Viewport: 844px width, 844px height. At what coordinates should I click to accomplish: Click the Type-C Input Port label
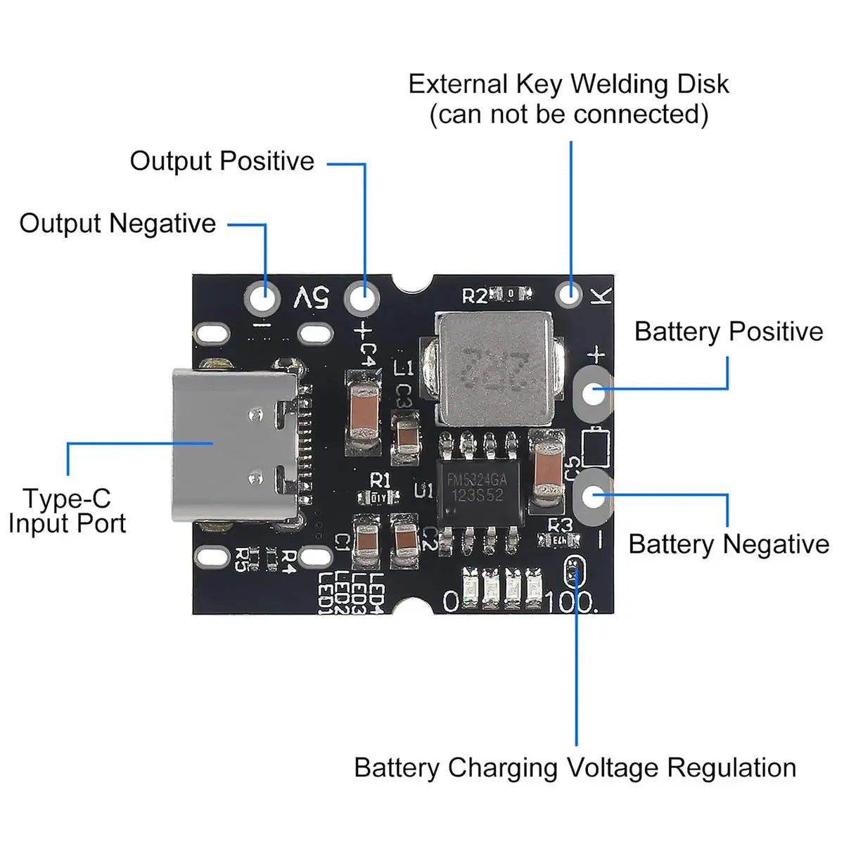(67, 511)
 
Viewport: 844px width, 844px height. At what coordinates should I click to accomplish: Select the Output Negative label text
(117, 224)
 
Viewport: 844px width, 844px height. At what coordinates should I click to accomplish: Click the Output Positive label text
(222, 161)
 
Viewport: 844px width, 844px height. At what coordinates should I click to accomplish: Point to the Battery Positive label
(728, 331)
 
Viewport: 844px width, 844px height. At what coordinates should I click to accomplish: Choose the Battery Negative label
(728, 544)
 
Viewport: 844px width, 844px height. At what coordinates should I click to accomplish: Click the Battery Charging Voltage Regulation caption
(575, 767)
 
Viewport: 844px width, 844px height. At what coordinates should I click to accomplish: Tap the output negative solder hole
(262, 298)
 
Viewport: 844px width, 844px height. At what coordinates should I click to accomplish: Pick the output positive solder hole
(362, 298)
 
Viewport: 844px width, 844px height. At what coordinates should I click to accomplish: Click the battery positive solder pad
(594, 392)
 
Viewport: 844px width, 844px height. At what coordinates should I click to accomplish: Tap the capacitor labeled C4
(364, 415)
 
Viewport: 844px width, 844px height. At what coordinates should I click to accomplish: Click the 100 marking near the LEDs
(568, 601)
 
